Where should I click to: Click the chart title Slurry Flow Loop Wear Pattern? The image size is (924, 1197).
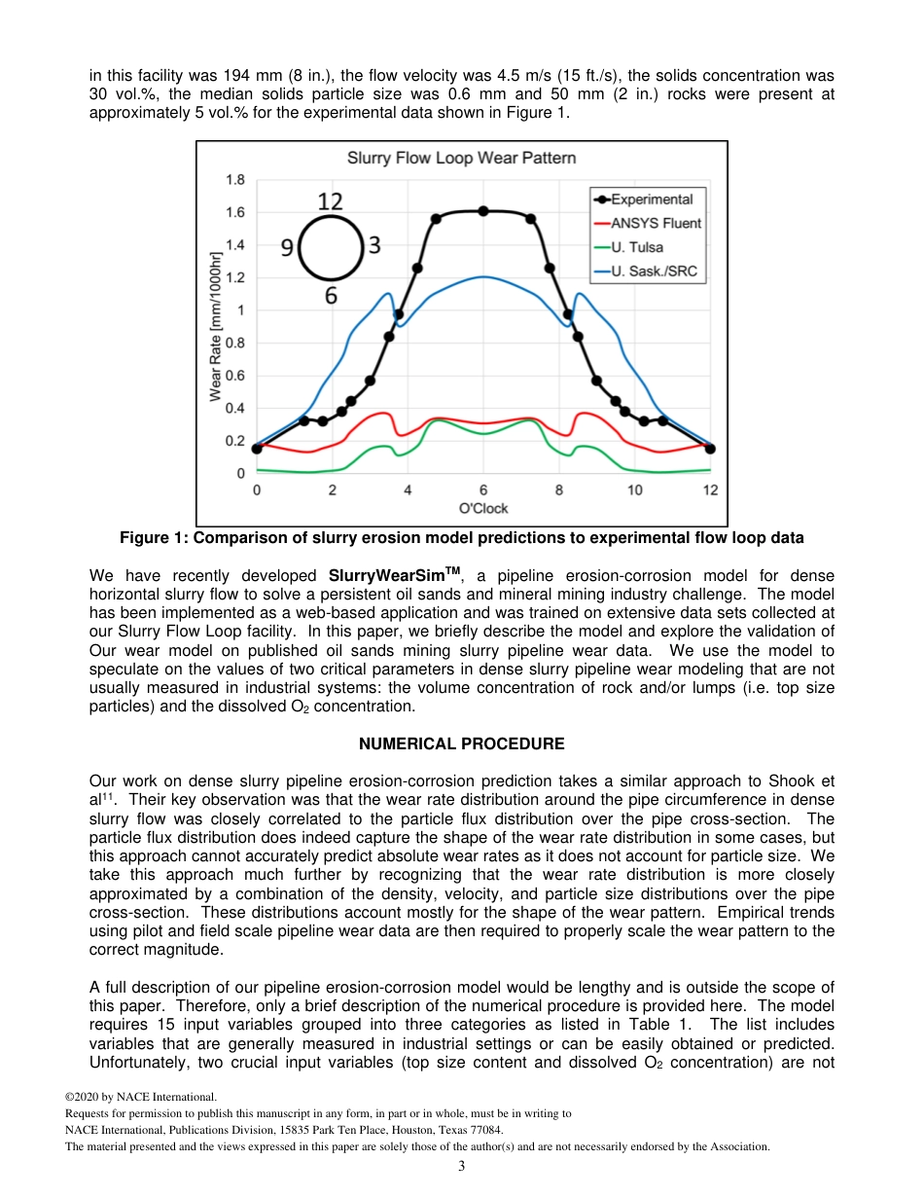(461, 158)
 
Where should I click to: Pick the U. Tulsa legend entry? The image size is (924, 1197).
(644, 247)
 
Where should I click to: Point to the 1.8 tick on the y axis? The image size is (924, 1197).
(234, 180)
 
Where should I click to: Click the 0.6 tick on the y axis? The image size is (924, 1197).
(234, 376)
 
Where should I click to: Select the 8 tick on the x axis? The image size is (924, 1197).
(558, 490)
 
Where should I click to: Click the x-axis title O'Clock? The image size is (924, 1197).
(482, 508)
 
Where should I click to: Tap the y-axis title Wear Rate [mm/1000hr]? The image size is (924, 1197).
(216, 326)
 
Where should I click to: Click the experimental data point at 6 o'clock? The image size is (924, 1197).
(483, 211)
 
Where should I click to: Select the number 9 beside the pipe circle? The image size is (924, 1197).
(288, 248)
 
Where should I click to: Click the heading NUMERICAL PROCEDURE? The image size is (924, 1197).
(461, 744)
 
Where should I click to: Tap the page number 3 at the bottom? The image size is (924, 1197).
(461, 1166)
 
